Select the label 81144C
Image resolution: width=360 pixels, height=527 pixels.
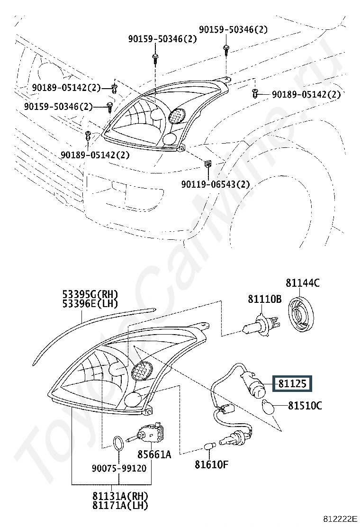click(303, 283)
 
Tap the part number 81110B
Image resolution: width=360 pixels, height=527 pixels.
click(265, 299)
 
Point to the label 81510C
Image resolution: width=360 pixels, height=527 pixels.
click(305, 406)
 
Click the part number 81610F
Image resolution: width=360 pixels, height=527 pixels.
click(212, 464)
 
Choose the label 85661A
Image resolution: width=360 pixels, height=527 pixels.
click(154, 454)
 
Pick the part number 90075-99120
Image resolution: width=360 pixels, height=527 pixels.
click(119, 468)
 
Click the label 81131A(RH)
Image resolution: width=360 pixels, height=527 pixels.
click(120, 496)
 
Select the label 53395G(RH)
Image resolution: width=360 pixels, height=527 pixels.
click(90, 294)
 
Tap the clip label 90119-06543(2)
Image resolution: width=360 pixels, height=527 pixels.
click(216, 184)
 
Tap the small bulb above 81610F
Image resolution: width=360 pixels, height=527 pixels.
click(209, 447)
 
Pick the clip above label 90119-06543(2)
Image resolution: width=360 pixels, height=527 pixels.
click(208, 164)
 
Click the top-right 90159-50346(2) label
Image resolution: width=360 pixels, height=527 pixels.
click(234, 29)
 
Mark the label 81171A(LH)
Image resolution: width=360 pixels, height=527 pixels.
click(120, 505)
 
